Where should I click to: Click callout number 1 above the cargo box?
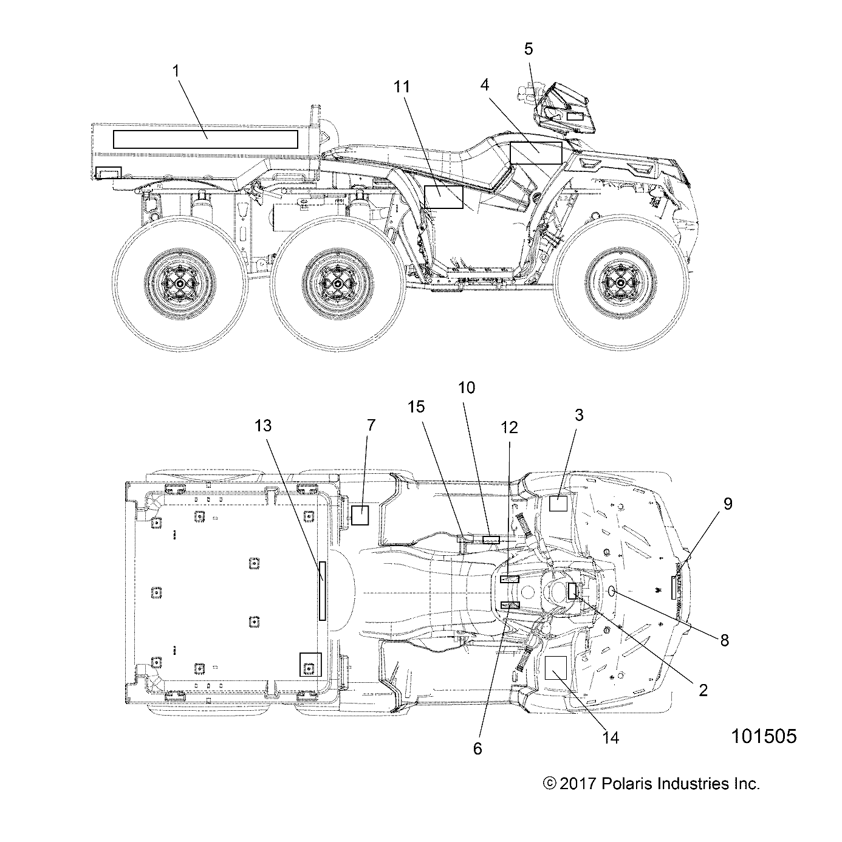point(176,71)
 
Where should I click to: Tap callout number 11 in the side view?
point(401,87)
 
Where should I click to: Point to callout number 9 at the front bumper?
point(727,503)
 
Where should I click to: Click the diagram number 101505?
point(764,736)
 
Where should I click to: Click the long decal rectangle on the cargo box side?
point(205,139)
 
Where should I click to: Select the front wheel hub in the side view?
point(620,282)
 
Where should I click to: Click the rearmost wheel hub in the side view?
point(180,282)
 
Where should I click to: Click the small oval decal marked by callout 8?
point(612,591)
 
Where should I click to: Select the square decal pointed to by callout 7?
point(360,515)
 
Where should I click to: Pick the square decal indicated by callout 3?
point(558,504)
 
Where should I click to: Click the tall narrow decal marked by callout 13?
point(323,590)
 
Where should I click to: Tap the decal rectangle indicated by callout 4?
point(536,152)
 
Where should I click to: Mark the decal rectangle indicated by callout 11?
point(443,197)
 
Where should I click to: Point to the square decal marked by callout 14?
point(555,667)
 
